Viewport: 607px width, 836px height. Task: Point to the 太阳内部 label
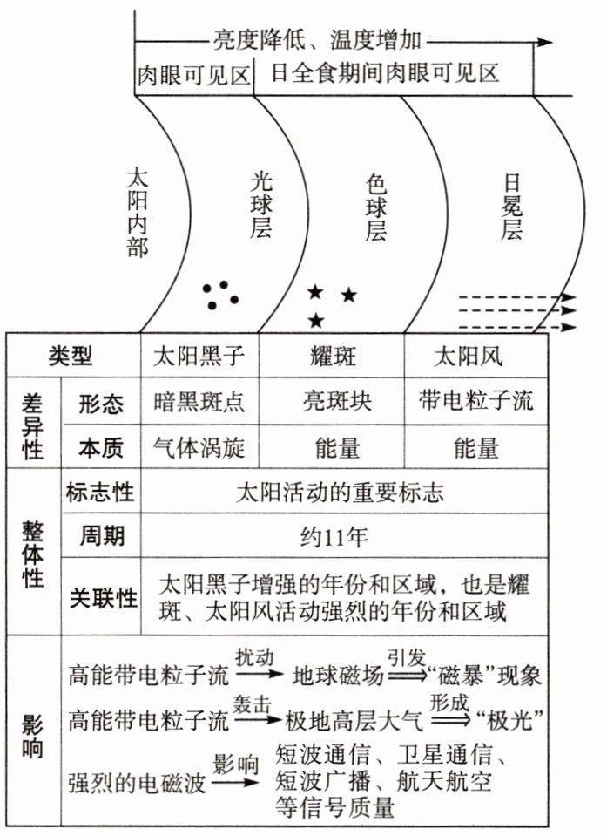click(x=137, y=212)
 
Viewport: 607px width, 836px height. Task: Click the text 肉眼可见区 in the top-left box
click(x=192, y=74)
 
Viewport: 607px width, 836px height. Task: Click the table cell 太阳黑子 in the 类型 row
click(x=199, y=357)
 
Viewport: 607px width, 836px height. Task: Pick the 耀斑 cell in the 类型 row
click(x=331, y=357)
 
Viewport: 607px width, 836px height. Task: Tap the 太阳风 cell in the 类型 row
click(x=469, y=357)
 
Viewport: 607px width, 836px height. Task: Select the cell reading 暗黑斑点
click(x=199, y=402)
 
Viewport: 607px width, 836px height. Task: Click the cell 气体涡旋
click(x=199, y=447)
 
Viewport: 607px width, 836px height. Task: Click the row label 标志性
click(x=100, y=492)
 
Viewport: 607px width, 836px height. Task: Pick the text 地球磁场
click(x=332, y=676)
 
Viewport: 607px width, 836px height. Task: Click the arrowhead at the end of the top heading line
click(x=545, y=41)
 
